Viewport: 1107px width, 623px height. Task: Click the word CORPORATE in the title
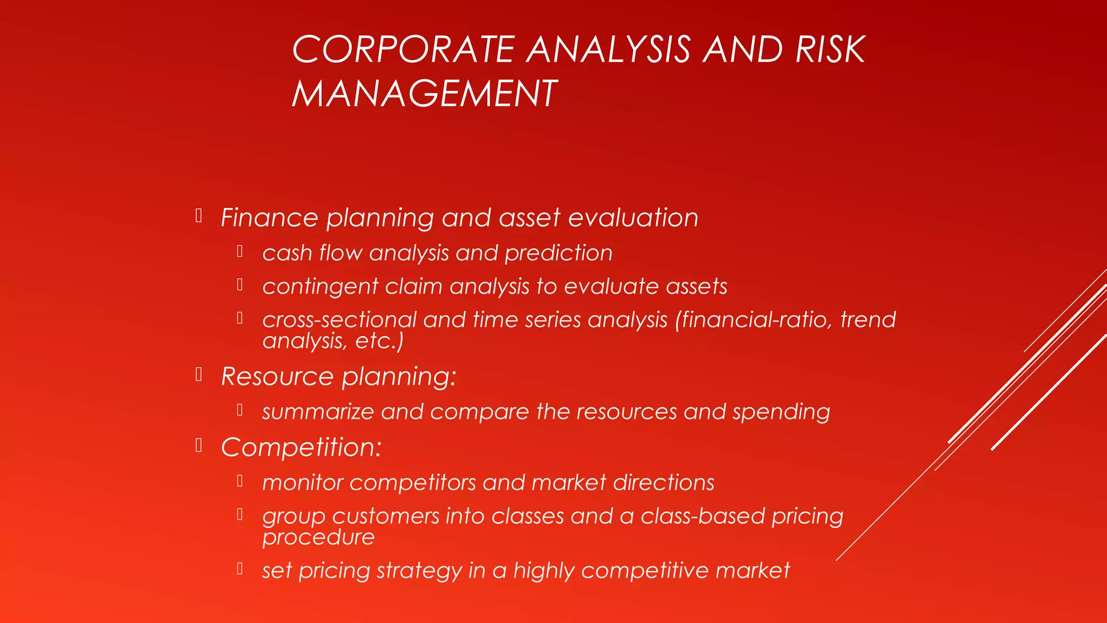pyautogui.click(x=403, y=50)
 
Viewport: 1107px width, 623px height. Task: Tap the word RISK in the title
pyautogui.click(x=830, y=50)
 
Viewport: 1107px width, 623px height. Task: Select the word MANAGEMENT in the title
pyautogui.click(x=424, y=94)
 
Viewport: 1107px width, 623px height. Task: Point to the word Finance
pyautogui.click(x=269, y=218)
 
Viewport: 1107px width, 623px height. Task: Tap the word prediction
pyautogui.click(x=558, y=254)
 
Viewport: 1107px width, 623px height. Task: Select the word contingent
pyautogui.click(x=320, y=287)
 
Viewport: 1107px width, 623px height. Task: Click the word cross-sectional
pyautogui.click(x=339, y=320)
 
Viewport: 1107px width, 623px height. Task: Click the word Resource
pyautogui.click(x=277, y=376)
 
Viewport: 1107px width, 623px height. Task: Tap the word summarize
pyautogui.click(x=318, y=412)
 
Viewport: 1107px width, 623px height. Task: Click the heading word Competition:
pyautogui.click(x=301, y=448)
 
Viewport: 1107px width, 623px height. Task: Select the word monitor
pyautogui.click(x=303, y=483)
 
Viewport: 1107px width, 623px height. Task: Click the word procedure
pyautogui.click(x=318, y=537)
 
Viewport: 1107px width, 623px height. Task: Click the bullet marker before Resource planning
pyautogui.click(x=199, y=374)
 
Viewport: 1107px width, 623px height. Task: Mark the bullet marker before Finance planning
pyautogui.click(x=199, y=216)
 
